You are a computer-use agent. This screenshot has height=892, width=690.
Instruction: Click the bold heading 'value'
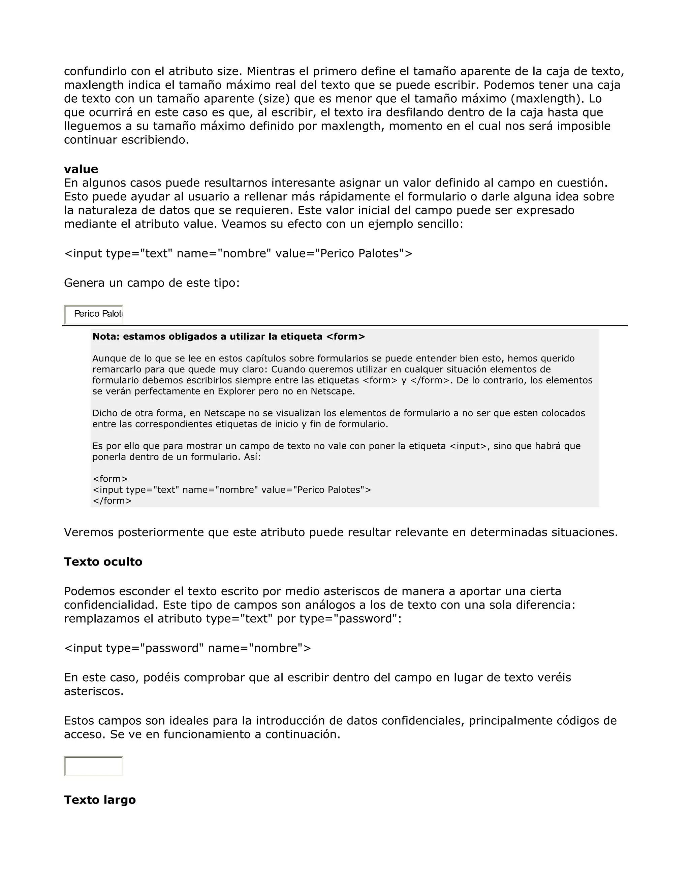pyautogui.click(x=81, y=169)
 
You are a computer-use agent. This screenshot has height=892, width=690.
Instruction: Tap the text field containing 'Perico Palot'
pyautogui.click(x=94, y=314)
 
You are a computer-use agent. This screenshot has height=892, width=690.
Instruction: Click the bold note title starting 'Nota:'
pyautogui.click(x=228, y=337)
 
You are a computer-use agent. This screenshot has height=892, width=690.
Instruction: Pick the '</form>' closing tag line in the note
pyautogui.click(x=113, y=501)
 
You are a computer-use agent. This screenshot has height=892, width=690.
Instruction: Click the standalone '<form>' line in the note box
pyautogui.click(x=111, y=479)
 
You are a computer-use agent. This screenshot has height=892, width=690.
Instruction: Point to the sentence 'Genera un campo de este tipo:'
pyautogui.click(x=152, y=283)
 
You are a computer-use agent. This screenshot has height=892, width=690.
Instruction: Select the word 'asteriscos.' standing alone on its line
pyautogui.click(x=94, y=691)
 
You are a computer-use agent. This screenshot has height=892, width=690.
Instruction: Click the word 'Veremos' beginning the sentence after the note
pyautogui.click(x=89, y=532)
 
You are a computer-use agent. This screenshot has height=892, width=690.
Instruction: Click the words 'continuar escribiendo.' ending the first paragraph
pyautogui.click(x=126, y=140)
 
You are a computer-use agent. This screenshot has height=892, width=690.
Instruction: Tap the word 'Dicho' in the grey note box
pyautogui.click(x=104, y=413)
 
